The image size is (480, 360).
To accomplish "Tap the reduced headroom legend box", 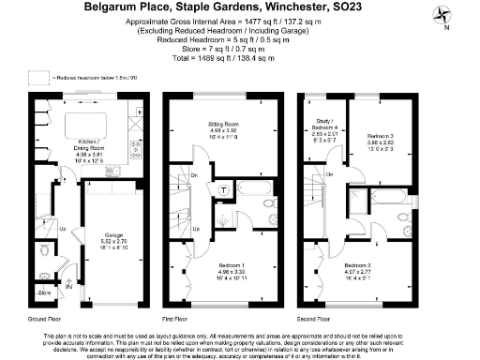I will (37, 77).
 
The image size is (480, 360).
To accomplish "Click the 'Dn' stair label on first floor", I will (194, 174).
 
